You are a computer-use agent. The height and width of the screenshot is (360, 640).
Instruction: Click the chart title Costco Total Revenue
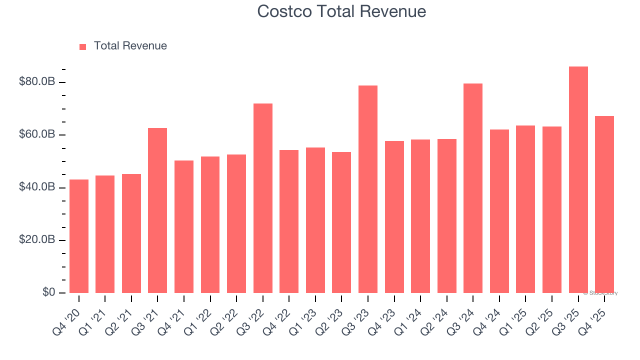[341, 11]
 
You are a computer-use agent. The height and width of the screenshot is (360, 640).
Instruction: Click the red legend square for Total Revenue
[83, 47]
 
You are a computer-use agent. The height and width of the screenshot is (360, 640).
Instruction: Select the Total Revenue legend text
[130, 46]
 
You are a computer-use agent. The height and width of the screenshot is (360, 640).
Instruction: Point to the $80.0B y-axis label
[37, 81]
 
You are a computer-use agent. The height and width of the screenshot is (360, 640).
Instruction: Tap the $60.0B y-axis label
[37, 134]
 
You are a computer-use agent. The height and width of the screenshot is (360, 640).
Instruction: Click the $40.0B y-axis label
[37, 187]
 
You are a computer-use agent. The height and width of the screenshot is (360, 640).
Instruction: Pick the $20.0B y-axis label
[37, 239]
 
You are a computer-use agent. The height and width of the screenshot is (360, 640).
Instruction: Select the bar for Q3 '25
[578, 180]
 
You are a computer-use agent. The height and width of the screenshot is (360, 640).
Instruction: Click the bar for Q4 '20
[79, 236]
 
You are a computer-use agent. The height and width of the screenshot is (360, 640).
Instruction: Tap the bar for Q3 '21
[157, 210]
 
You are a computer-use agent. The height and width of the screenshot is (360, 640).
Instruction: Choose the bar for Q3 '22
[262, 198]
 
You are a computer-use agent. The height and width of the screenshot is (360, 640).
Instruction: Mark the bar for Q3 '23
[368, 189]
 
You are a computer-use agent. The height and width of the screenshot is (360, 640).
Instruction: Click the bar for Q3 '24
[473, 188]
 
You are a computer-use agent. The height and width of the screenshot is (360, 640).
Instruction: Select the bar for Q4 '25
[604, 204]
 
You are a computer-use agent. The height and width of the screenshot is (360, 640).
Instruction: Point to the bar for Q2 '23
[341, 222]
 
